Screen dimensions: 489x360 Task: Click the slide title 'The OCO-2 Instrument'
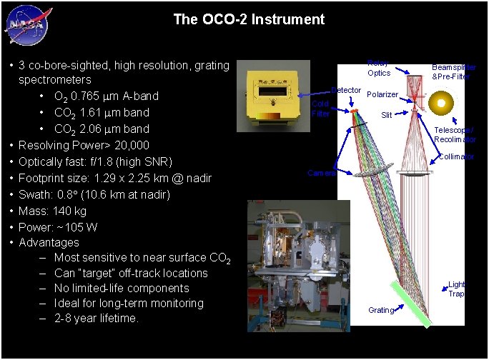[x=249, y=19]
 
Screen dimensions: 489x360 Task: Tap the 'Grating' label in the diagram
[x=380, y=310]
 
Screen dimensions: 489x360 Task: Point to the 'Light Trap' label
[x=456, y=289]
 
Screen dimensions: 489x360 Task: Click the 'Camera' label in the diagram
[x=320, y=174]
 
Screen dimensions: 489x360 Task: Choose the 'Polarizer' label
[x=382, y=94]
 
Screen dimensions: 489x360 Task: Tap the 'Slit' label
[x=386, y=114]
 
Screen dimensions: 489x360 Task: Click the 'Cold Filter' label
[x=320, y=109]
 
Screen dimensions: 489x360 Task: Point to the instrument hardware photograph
[x=298, y=264]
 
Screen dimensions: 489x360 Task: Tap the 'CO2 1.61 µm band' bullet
[x=102, y=113]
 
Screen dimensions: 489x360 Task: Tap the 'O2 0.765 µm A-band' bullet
[x=106, y=96]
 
